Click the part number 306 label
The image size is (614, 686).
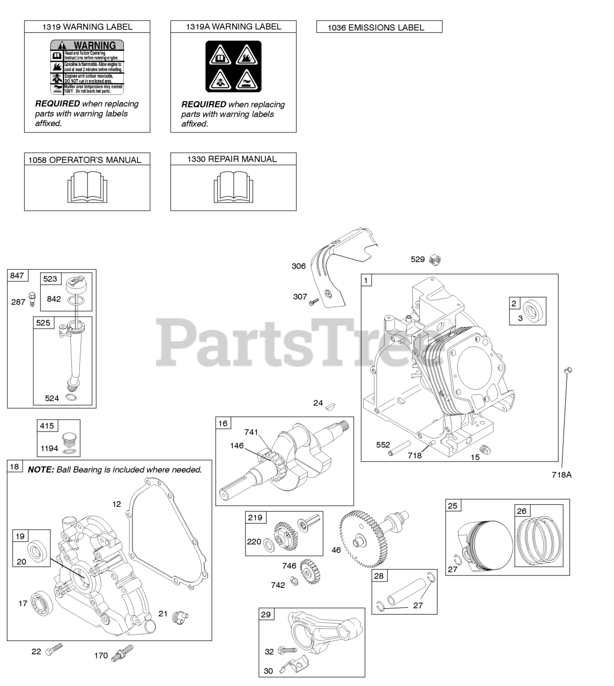299,266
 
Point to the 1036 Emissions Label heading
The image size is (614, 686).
379,27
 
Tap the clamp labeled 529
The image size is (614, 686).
436,260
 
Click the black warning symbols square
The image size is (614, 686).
233,66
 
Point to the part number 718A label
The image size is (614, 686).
561,474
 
